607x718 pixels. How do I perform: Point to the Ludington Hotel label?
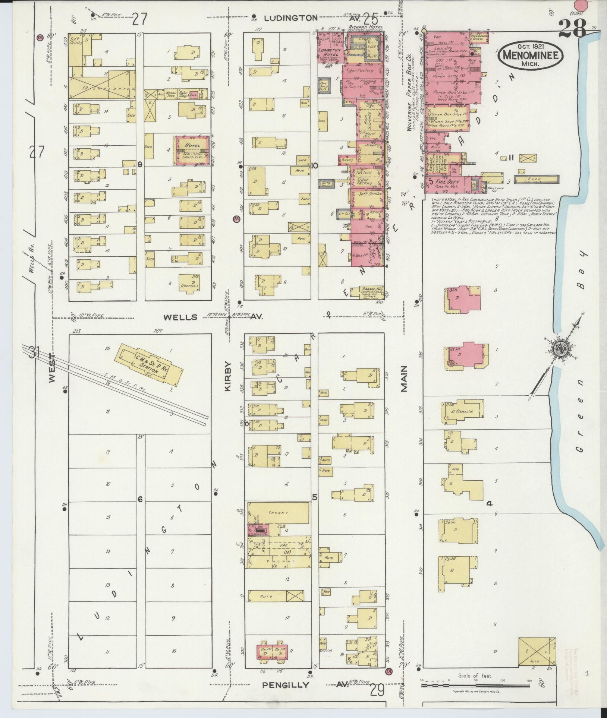tap(330, 52)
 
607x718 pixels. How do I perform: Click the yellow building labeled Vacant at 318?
tap(278, 513)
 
